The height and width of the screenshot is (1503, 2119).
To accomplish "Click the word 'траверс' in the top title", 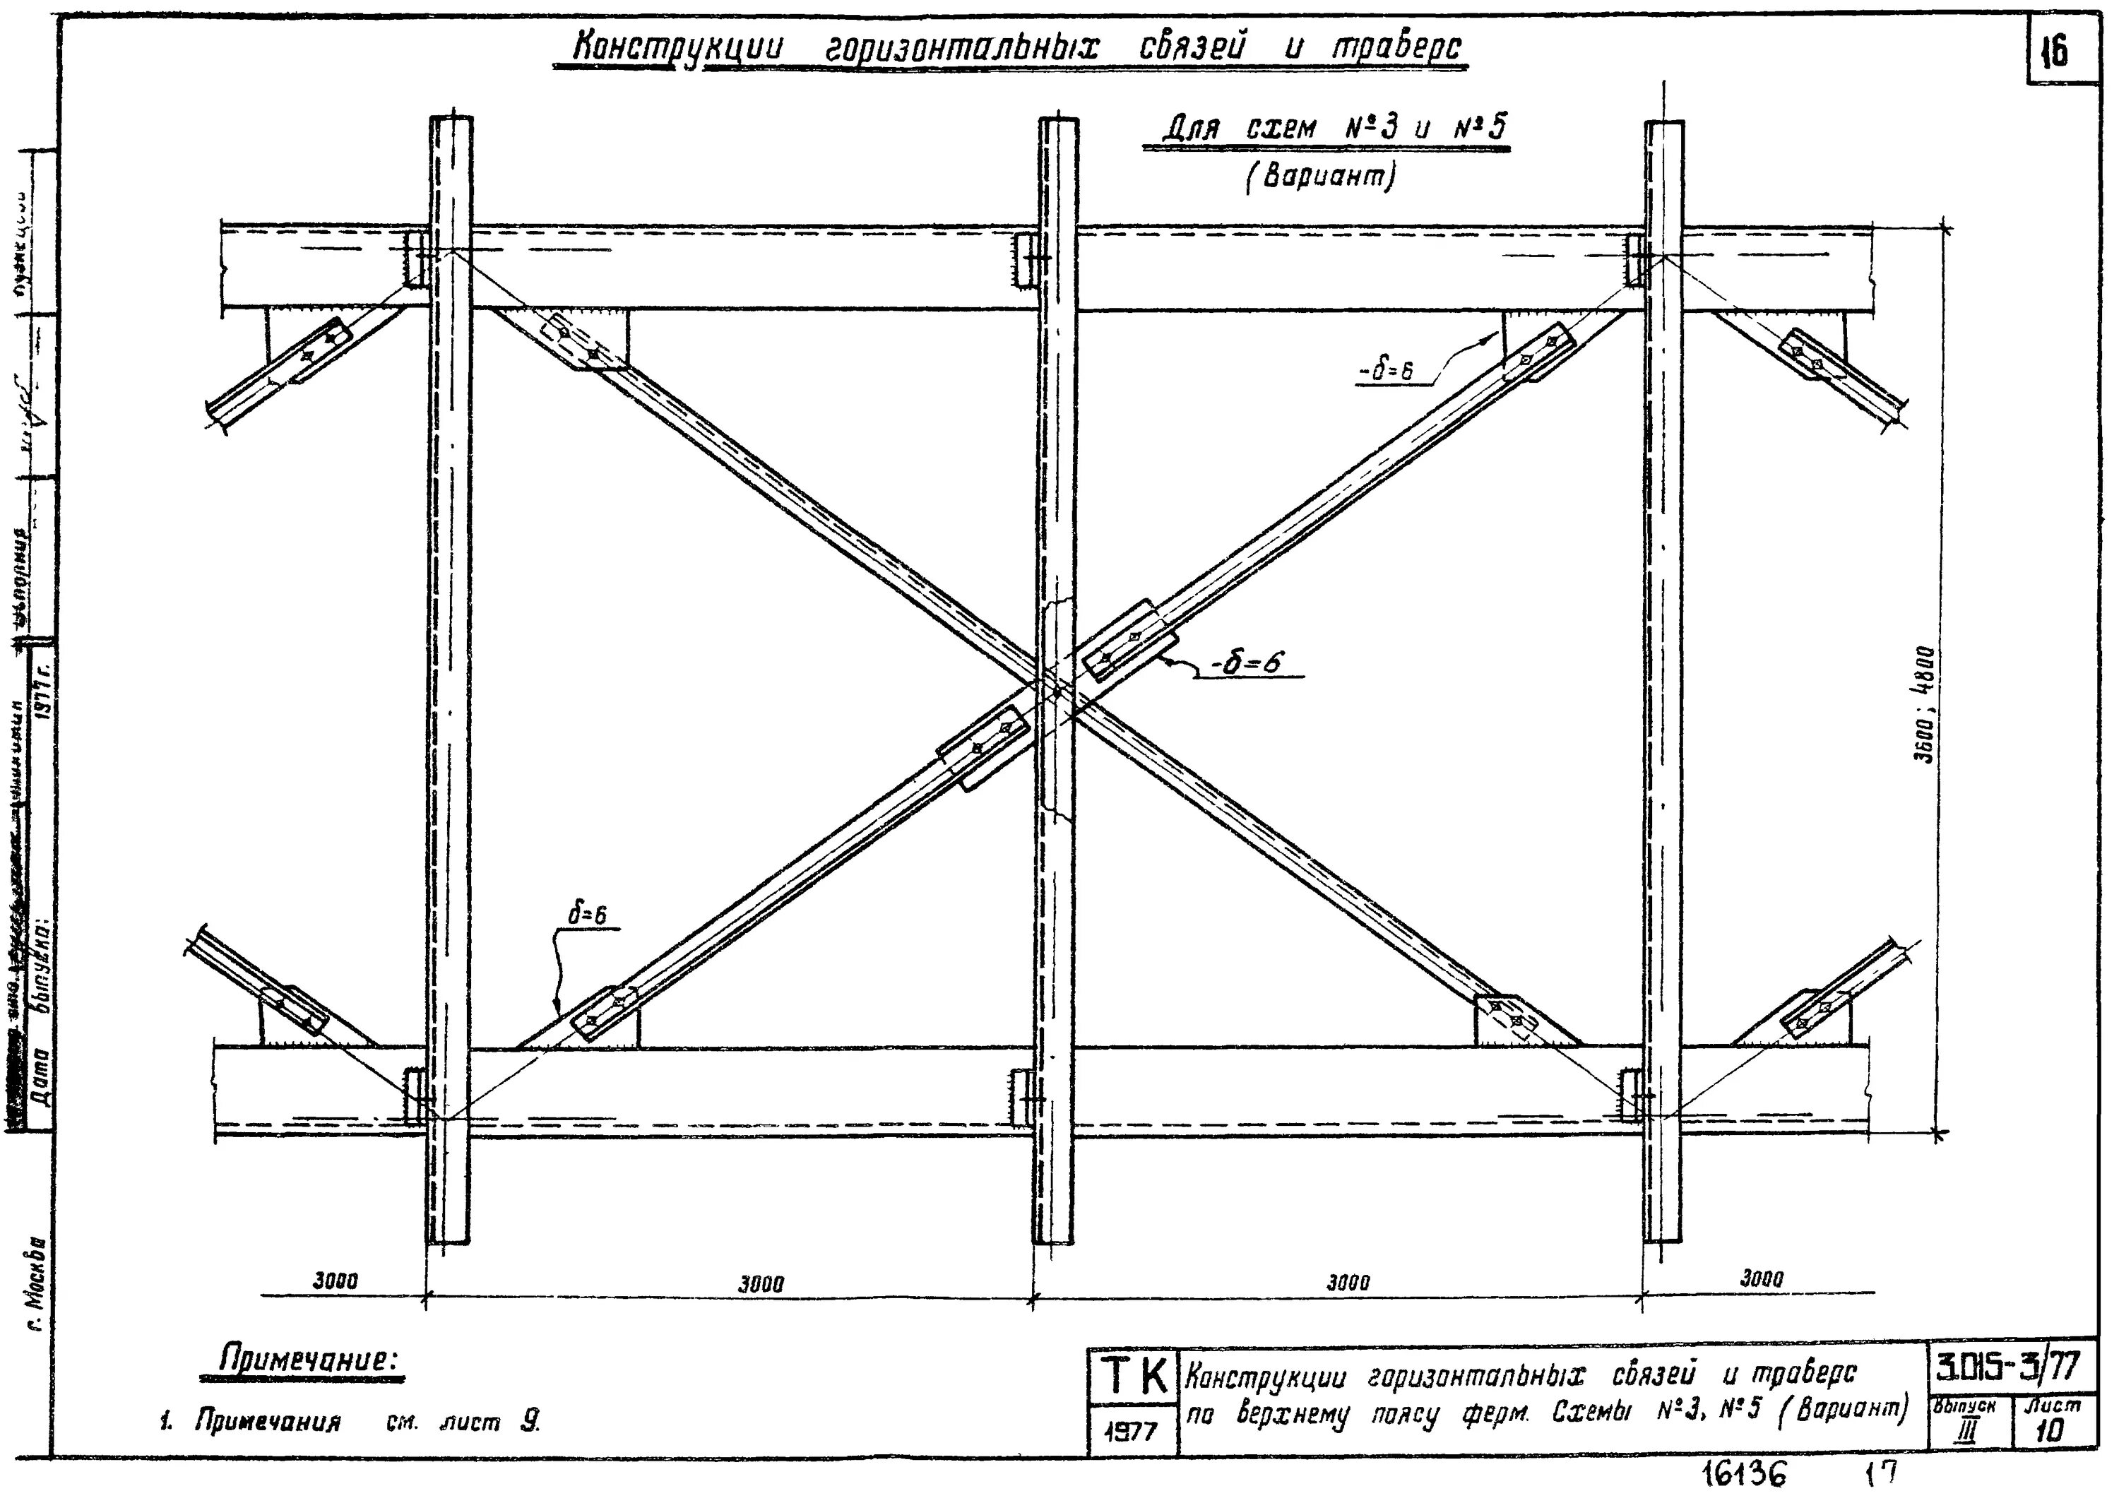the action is click(x=1397, y=47).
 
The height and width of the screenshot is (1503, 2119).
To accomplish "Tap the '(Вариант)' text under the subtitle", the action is click(x=1319, y=177).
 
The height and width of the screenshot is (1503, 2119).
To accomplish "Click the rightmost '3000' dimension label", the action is click(x=1761, y=1279).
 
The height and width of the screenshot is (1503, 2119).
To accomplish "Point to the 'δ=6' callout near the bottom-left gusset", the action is click(x=587, y=915).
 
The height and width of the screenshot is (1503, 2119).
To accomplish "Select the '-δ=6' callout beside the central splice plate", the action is click(x=1247, y=662).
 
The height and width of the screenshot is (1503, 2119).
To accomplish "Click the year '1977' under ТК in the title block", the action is click(x=1131, y=1432).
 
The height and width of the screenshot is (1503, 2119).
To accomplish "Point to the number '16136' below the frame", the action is click(x=1745, y=1474).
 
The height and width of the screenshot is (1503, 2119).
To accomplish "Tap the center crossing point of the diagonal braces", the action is click(x=1054, y=689).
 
